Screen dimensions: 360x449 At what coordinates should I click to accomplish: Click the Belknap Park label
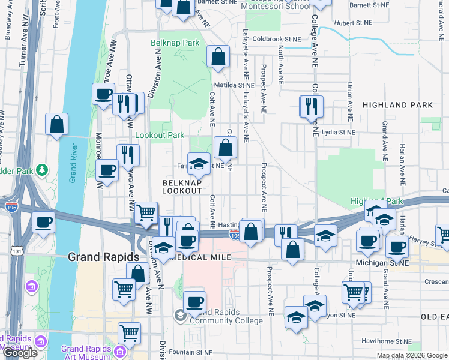[x=174, y=43]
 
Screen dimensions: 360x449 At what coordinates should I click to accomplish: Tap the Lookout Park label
[x=160, y=136]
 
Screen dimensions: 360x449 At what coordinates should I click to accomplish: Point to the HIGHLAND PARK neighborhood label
[x=397, y=105]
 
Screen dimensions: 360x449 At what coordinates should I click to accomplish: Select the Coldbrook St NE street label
[x=276, y=39]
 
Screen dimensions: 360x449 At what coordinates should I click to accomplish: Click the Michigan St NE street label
[x=382, y=263]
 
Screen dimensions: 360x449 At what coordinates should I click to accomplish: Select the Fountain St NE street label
[x=191, y=352]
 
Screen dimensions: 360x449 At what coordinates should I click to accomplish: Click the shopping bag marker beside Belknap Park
[x=218, y=56]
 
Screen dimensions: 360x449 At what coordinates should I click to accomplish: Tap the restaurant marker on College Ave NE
[x=311, y=106]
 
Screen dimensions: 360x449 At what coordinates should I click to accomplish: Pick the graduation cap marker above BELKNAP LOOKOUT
[x=199, y=163]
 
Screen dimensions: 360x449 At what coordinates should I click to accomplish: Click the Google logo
[x=20, y=353]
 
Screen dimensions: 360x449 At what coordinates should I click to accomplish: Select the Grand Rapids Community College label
[x=226, y=317]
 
